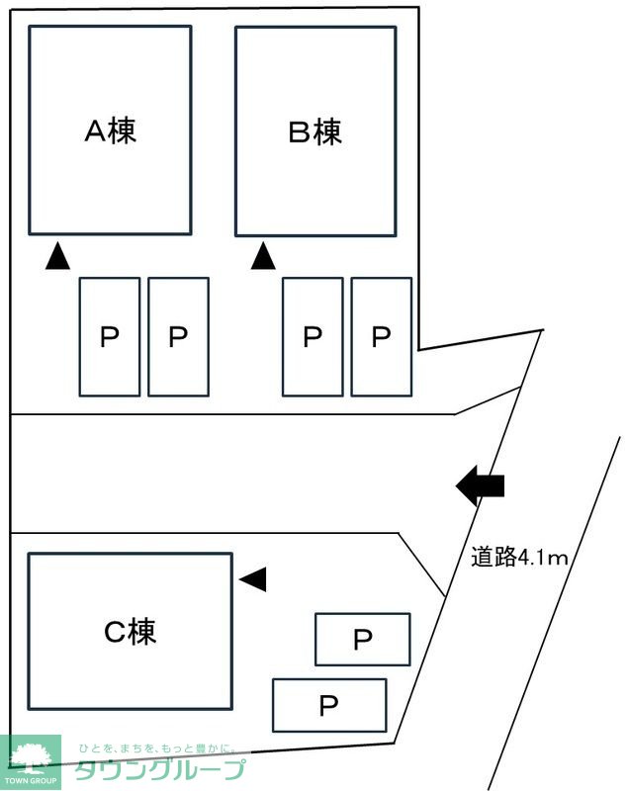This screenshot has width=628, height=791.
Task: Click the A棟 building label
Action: point(110,132)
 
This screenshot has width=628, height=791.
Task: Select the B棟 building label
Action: point(314,132)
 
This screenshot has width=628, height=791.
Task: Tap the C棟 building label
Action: point(130,631)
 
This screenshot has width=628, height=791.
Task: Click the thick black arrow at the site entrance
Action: point(481,485)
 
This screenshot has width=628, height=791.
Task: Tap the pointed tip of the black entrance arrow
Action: point(458,485)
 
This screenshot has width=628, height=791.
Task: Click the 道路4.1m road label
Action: point(519,558)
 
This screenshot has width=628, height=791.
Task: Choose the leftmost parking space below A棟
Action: point(109,337)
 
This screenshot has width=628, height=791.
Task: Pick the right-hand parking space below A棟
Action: point(178,337)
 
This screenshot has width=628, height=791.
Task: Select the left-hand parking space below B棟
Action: point(313,337)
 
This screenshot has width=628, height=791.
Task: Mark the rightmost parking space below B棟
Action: point(382,337)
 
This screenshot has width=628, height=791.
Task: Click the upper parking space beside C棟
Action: point(362,640)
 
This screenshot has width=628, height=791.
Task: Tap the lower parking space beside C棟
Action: point(328,705)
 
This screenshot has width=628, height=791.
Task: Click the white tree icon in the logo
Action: point(30,755)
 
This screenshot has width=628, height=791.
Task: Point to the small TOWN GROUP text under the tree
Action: point(30,781)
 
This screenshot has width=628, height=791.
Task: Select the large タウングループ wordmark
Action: point(158,772)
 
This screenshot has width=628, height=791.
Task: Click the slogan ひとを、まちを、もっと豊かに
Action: point(158,749)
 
